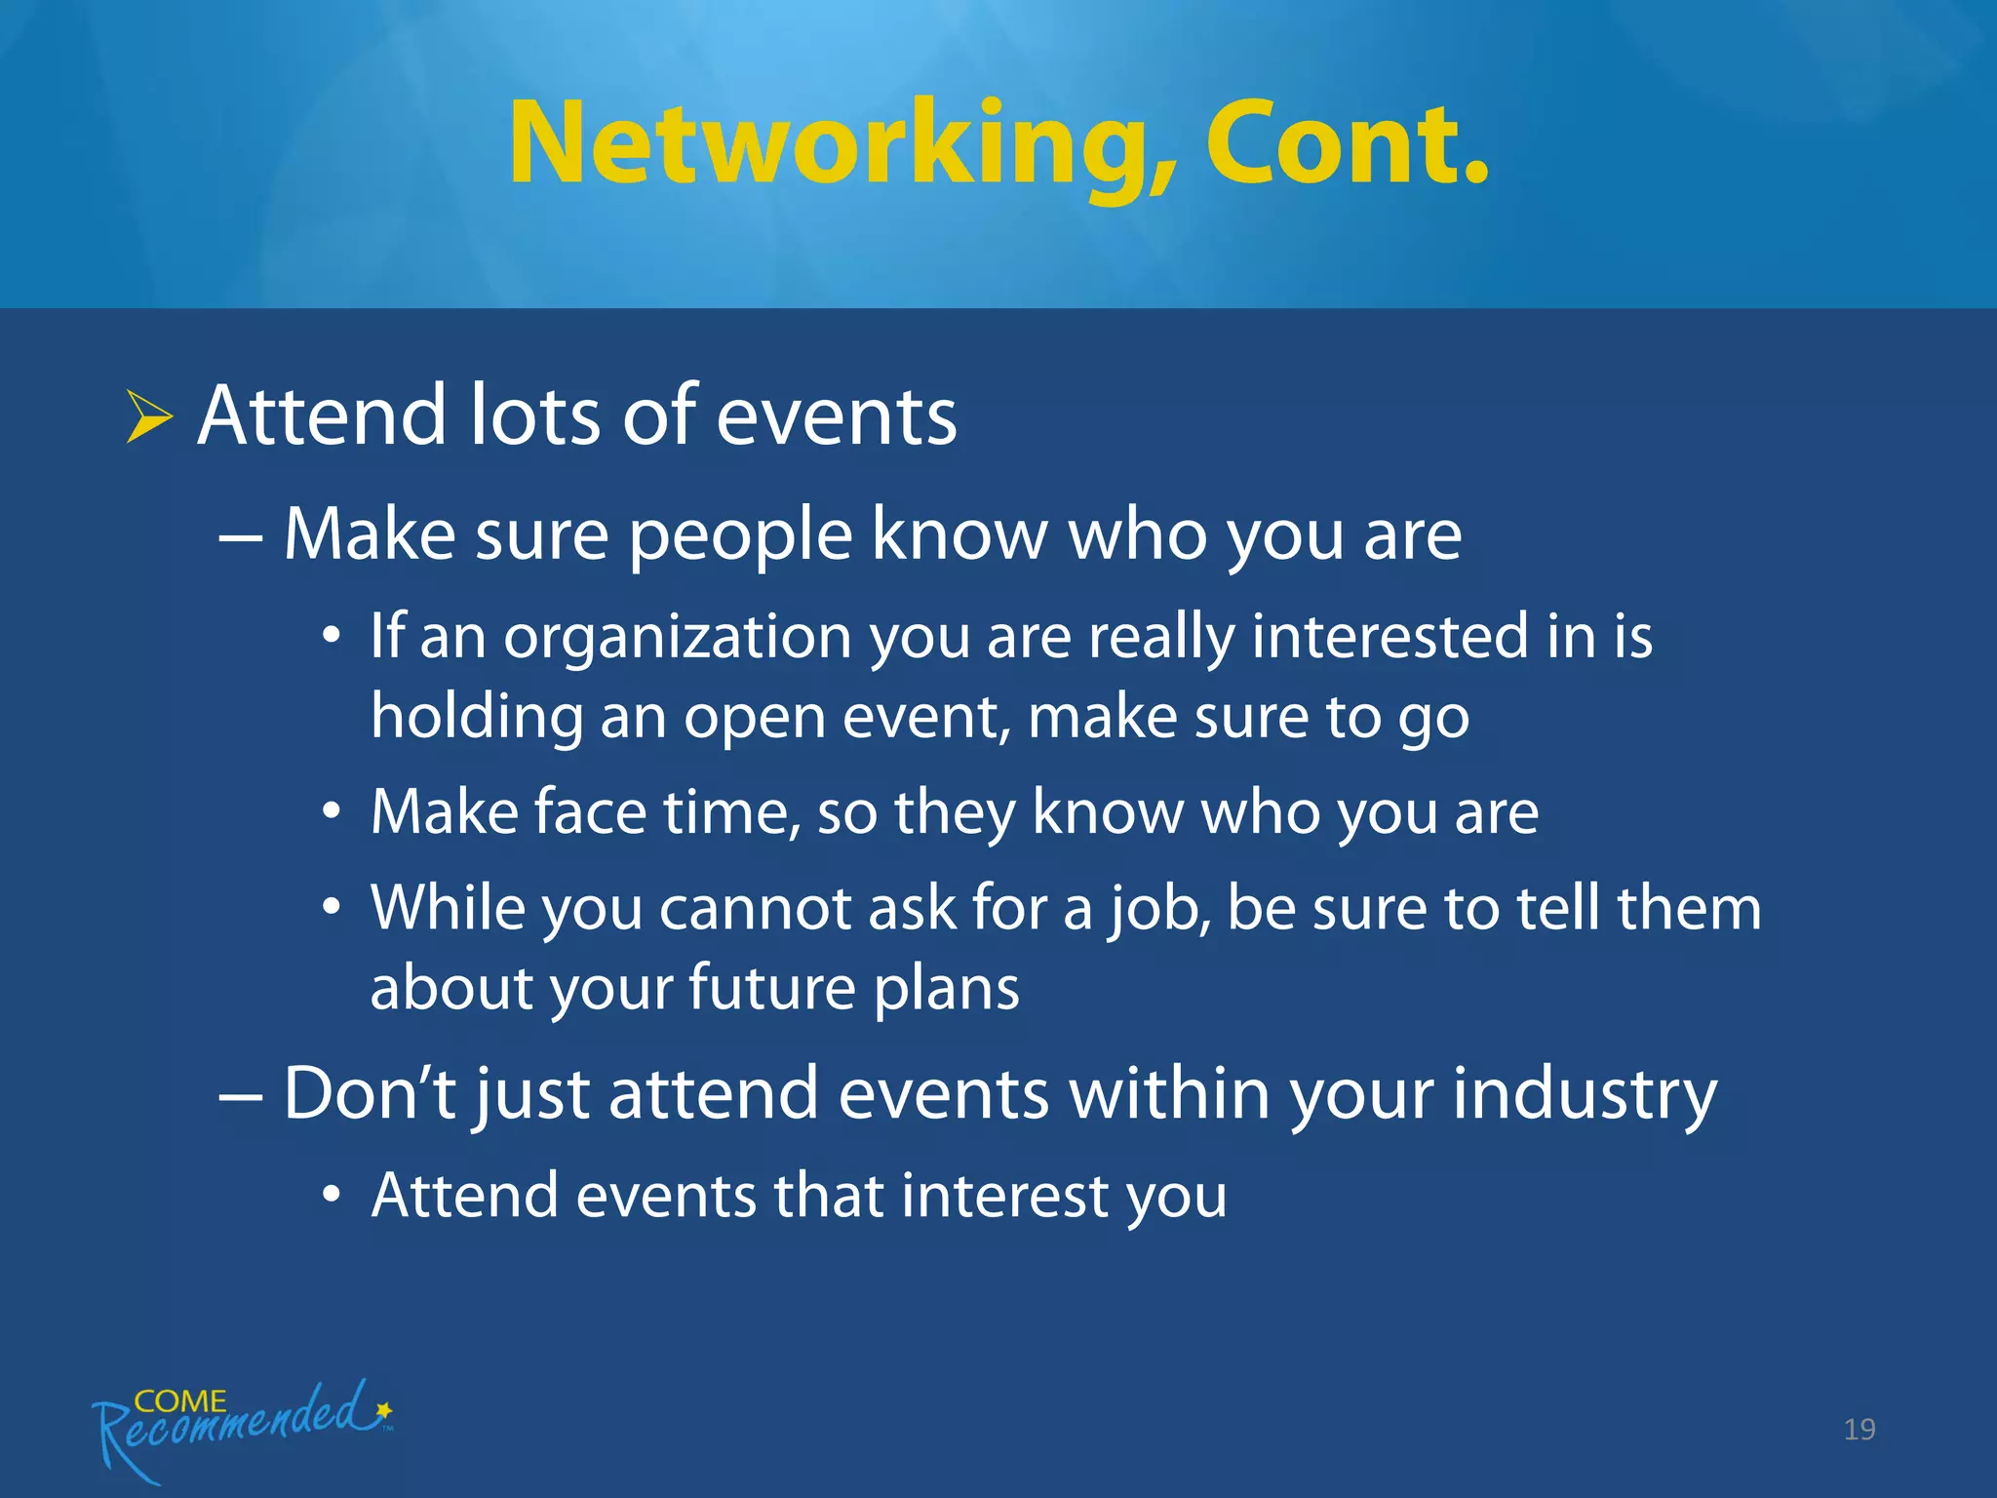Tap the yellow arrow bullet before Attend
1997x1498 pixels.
tap(148, 417)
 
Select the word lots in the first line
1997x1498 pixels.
tap(534, 416)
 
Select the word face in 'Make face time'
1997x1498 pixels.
tap(590, 812)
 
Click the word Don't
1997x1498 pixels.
tap(369, 1094)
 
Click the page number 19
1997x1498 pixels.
tap(1859, 1430)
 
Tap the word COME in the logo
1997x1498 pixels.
tap(180, 1401)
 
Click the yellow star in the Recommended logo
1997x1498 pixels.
tap(384, 1410)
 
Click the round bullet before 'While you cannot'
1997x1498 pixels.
tap(332, 908)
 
